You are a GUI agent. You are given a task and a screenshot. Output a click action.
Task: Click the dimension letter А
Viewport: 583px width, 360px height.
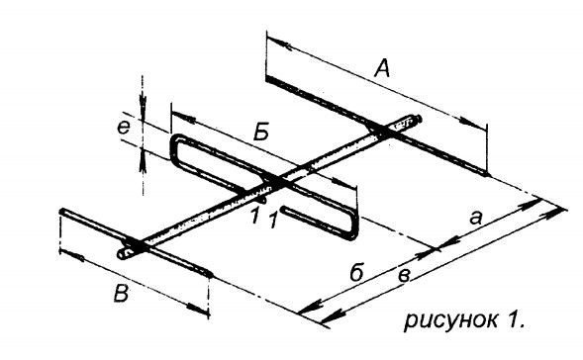[x=382, y=69]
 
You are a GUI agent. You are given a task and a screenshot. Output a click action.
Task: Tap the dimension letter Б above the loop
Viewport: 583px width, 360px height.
[x=261, y=132]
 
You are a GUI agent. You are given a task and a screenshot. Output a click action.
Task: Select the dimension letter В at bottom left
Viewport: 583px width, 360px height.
[x=121, y=293]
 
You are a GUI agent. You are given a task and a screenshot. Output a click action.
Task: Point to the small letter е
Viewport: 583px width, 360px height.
[x=124, y=128]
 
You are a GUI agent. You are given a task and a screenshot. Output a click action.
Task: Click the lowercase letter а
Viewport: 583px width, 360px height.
[x=475, y=219]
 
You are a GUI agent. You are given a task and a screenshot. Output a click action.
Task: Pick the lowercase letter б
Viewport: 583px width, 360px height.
[x=356, y=272]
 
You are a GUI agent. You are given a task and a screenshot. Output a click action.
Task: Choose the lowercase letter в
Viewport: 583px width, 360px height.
[x=404, y=276]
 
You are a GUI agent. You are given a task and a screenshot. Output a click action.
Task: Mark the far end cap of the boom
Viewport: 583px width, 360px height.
[x=419, y=118]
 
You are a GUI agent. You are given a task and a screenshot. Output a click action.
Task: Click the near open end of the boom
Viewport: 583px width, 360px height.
[x=123, y=254]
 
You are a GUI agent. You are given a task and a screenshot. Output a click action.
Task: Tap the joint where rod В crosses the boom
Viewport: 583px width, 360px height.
[x=138, y=245]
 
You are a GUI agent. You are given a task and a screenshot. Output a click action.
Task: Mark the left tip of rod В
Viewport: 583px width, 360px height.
[x=61, y=212]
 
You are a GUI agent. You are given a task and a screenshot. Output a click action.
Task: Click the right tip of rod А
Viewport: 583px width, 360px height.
[x=487, y=173]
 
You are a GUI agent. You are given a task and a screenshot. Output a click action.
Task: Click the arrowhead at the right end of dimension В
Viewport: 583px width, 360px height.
[x=197, y=309]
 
